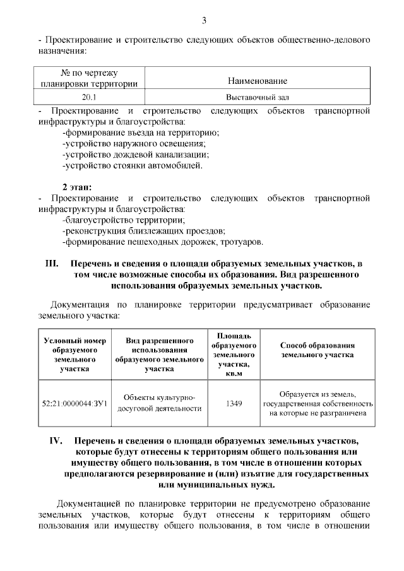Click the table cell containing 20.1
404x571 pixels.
click(89, 97)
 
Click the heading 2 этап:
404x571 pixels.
click(77, 187)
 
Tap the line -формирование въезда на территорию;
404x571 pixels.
click(141, 132)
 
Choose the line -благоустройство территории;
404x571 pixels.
click(123, 220)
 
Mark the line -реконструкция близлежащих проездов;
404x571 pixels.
click(143, 231)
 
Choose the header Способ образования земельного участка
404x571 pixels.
click(318, 350)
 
